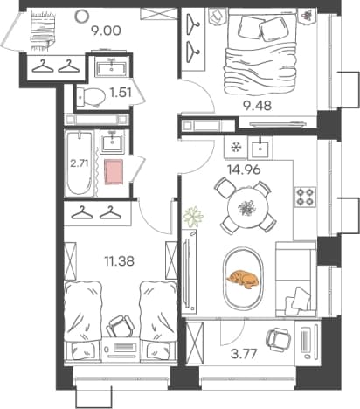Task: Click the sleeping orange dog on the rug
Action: coord(243,280)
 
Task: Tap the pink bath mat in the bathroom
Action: coord(114,172)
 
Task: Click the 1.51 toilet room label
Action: coord(121,93)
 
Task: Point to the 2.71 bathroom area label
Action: coord(80,163)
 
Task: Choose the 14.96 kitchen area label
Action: coord(244,170)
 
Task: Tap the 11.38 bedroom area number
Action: coord(120,261)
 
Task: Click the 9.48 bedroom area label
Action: coord(258,106)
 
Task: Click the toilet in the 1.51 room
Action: coord(91,96)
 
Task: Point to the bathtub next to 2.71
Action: coord(79,163)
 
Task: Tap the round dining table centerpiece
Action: coord(248,208)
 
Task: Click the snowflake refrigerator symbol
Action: coord(235,148)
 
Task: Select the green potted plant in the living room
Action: coord(193,217)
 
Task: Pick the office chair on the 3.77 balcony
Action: coord(278,338)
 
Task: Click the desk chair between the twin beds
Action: coord(120,327)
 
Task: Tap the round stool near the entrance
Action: coord(81,16)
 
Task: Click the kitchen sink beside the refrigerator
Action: coord(260,149)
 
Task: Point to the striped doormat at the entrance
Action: coord(43,30)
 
